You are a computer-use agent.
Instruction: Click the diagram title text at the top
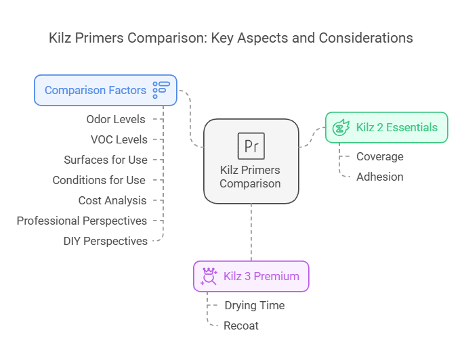click(231, 38)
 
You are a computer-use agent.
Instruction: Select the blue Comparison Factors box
click(106, 90)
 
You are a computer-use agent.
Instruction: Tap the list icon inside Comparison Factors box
click(161, 89)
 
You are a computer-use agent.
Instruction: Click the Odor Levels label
click(116, 119)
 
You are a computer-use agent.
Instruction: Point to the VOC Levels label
click(119, 139)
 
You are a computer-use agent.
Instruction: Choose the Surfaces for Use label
click(106, 160)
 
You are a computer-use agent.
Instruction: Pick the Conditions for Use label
click(99, 180)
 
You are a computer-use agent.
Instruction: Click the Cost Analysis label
click(112, 200)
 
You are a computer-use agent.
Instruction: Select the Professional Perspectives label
click(82, 221)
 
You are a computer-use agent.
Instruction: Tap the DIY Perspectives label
click(106, 241)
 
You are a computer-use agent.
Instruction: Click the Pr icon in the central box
click(251, 145)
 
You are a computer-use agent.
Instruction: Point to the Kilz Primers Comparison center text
click(250, 177)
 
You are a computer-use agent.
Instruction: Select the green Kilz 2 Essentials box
click(386, 127)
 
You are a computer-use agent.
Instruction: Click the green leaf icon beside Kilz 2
click(341, 127)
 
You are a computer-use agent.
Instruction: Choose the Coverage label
click(380, 156)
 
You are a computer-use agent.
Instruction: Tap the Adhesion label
click(380, 177)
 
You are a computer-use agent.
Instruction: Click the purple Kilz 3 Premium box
click(251, 276)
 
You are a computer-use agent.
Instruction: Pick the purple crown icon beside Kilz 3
click(209, 276)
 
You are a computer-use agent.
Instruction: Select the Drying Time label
click(255, 305)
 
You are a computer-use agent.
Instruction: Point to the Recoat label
click(241, 325)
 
